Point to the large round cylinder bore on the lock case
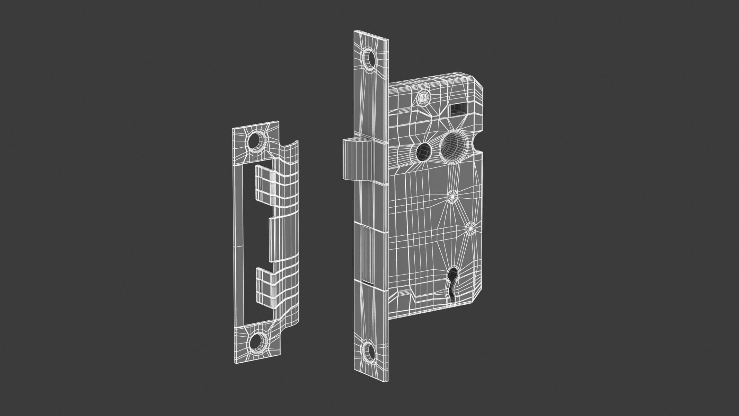click(452, 146)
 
